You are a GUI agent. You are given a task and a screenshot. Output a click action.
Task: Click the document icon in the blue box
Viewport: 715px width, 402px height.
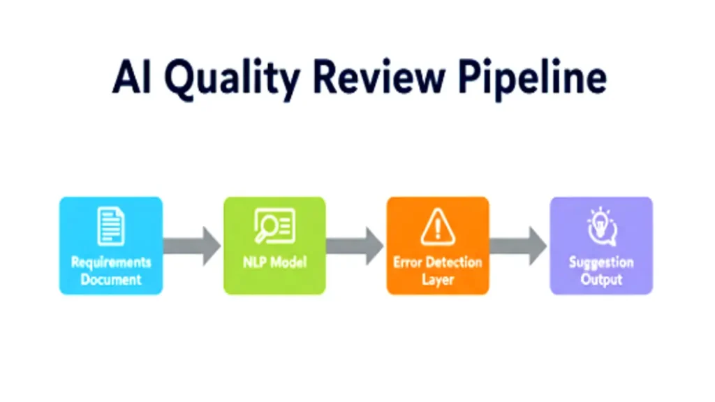pos(111,227)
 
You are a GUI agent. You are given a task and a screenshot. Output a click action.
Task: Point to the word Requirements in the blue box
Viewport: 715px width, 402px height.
pos(111,262)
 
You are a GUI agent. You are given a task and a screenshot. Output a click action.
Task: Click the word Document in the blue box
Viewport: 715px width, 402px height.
pos(111,279)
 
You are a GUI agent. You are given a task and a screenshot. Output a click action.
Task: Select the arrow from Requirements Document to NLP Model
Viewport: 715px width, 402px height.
pos(191,246)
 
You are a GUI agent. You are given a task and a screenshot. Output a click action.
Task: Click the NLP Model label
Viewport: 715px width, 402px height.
pos(274,263)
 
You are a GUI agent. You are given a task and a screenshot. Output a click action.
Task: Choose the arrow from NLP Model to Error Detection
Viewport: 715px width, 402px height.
pos(355,246)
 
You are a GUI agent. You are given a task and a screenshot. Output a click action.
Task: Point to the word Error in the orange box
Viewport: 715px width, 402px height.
pos(406,262)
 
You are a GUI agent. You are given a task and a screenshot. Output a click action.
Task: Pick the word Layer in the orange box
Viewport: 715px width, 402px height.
pos(438,280)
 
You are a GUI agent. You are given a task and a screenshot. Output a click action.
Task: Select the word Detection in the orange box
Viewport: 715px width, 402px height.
pos(454,262)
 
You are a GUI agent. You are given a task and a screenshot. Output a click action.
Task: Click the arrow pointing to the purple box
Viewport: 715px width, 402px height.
pos(518,246)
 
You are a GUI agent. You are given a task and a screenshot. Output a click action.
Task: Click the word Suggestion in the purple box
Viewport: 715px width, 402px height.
pos(601,262)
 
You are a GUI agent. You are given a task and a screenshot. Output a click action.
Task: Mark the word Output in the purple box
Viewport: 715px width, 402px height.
pos(601,279)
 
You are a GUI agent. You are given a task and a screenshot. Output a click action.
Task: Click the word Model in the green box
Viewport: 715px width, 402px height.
pos(287,263)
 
